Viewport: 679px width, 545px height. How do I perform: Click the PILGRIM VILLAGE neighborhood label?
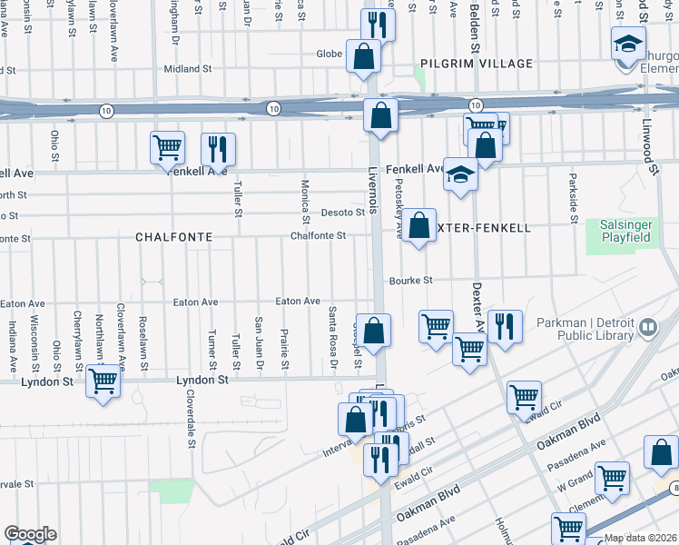coord(464,64)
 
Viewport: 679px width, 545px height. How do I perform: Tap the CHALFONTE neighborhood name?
coord(173,236)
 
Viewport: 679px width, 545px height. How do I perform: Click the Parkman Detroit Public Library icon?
coord(648,326)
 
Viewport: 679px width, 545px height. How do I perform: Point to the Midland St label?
coord(187,68)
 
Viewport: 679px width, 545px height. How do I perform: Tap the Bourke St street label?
coord(412,281)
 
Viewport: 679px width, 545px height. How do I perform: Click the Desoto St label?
coord(342,213)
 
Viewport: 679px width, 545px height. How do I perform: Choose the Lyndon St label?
coord(47,381)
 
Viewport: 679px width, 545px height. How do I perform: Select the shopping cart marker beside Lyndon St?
coord(103,382)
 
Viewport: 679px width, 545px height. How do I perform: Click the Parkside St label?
coord(574,197)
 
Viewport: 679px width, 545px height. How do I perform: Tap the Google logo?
coord(30,534)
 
